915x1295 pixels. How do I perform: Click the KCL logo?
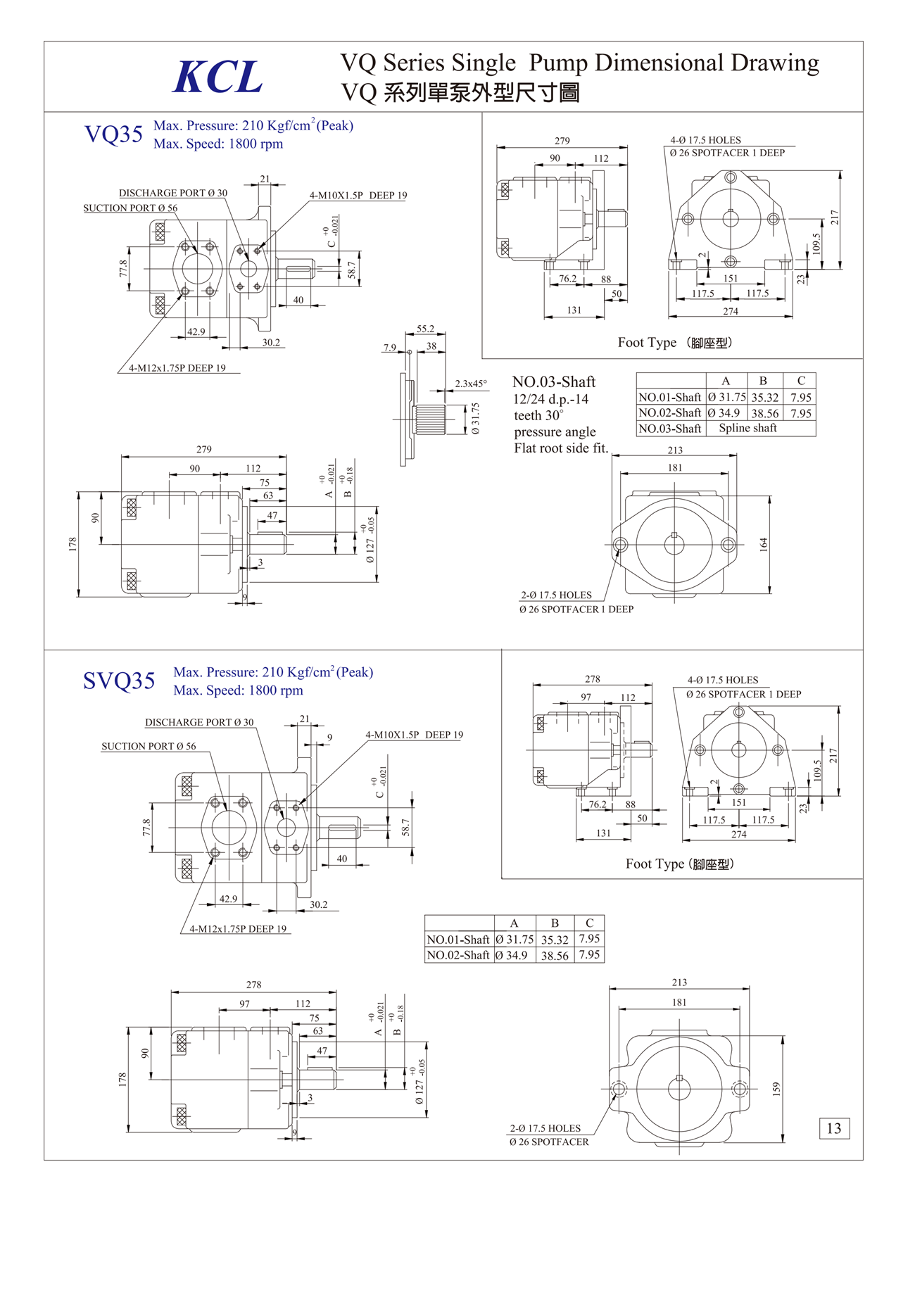click(217, 77)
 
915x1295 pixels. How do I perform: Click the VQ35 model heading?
click(113, 134)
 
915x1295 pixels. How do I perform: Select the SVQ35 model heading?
click(119, 681)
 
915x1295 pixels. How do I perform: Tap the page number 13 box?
click(834, 1128)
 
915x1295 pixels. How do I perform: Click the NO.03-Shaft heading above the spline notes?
click(553, 382)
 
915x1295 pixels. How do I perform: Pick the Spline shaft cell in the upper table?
click(747, 428)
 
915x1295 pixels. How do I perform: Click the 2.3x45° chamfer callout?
click(470, 384)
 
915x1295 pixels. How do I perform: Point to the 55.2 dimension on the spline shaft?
click(425, 329)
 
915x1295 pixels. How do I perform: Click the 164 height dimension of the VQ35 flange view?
click(764, 543)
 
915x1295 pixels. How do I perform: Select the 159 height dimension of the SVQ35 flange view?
click(776, 1089)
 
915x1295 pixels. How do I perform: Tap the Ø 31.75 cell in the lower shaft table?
click(515, 939)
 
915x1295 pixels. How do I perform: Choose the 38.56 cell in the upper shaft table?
click(764, 413)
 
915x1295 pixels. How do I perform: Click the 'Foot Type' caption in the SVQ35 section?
click(679, 864)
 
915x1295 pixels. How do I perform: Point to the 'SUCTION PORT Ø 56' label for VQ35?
click(130, 208)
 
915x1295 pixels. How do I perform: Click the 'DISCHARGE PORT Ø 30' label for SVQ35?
click(199, 722)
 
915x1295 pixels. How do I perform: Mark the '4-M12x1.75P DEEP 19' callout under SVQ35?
click(238, 929)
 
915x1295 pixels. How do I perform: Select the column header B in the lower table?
click(555, 923)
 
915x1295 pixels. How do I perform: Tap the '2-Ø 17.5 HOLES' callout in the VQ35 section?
click(556, 595)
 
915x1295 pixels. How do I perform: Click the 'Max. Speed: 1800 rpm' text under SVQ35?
click(238, 690)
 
